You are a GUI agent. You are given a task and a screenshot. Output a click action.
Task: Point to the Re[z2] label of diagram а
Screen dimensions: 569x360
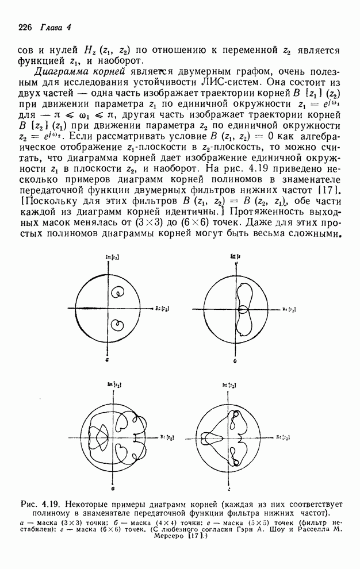162,309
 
